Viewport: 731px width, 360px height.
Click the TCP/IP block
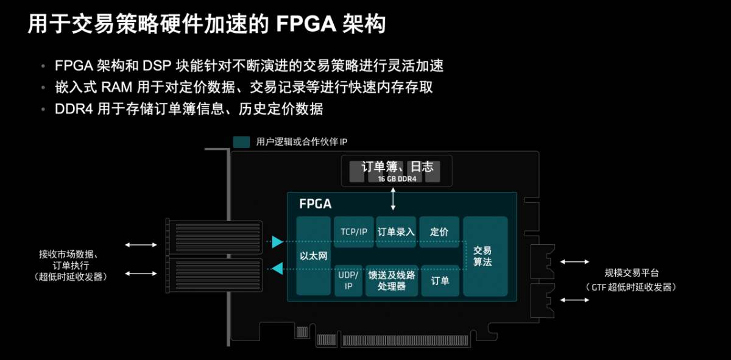[354, 231]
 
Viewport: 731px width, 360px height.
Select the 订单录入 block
[396, 231]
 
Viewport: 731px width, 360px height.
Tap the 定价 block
[439, 231]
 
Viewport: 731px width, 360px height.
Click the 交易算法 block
[486, 256]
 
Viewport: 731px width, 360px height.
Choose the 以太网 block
[313, 256]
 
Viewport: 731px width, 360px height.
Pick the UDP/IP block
[348, 281]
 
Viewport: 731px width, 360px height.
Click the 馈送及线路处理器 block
[392, 281]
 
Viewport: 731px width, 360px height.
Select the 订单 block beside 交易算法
[440, 281]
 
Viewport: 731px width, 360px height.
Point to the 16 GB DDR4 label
[397, 179]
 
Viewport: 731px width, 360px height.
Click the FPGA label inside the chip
[316, 204]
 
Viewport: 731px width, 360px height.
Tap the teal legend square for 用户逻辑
[241, 142]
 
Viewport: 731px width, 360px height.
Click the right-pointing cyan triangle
[277, 242]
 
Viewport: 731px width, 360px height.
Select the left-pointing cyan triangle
[277, 269]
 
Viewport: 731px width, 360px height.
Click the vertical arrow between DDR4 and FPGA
[394, 199]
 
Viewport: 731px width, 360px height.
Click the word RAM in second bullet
[116, 88]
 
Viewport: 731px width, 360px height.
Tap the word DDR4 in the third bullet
[74, 109]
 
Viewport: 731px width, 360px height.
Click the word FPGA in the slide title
[306, 24]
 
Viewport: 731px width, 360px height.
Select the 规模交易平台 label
[632, 273]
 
